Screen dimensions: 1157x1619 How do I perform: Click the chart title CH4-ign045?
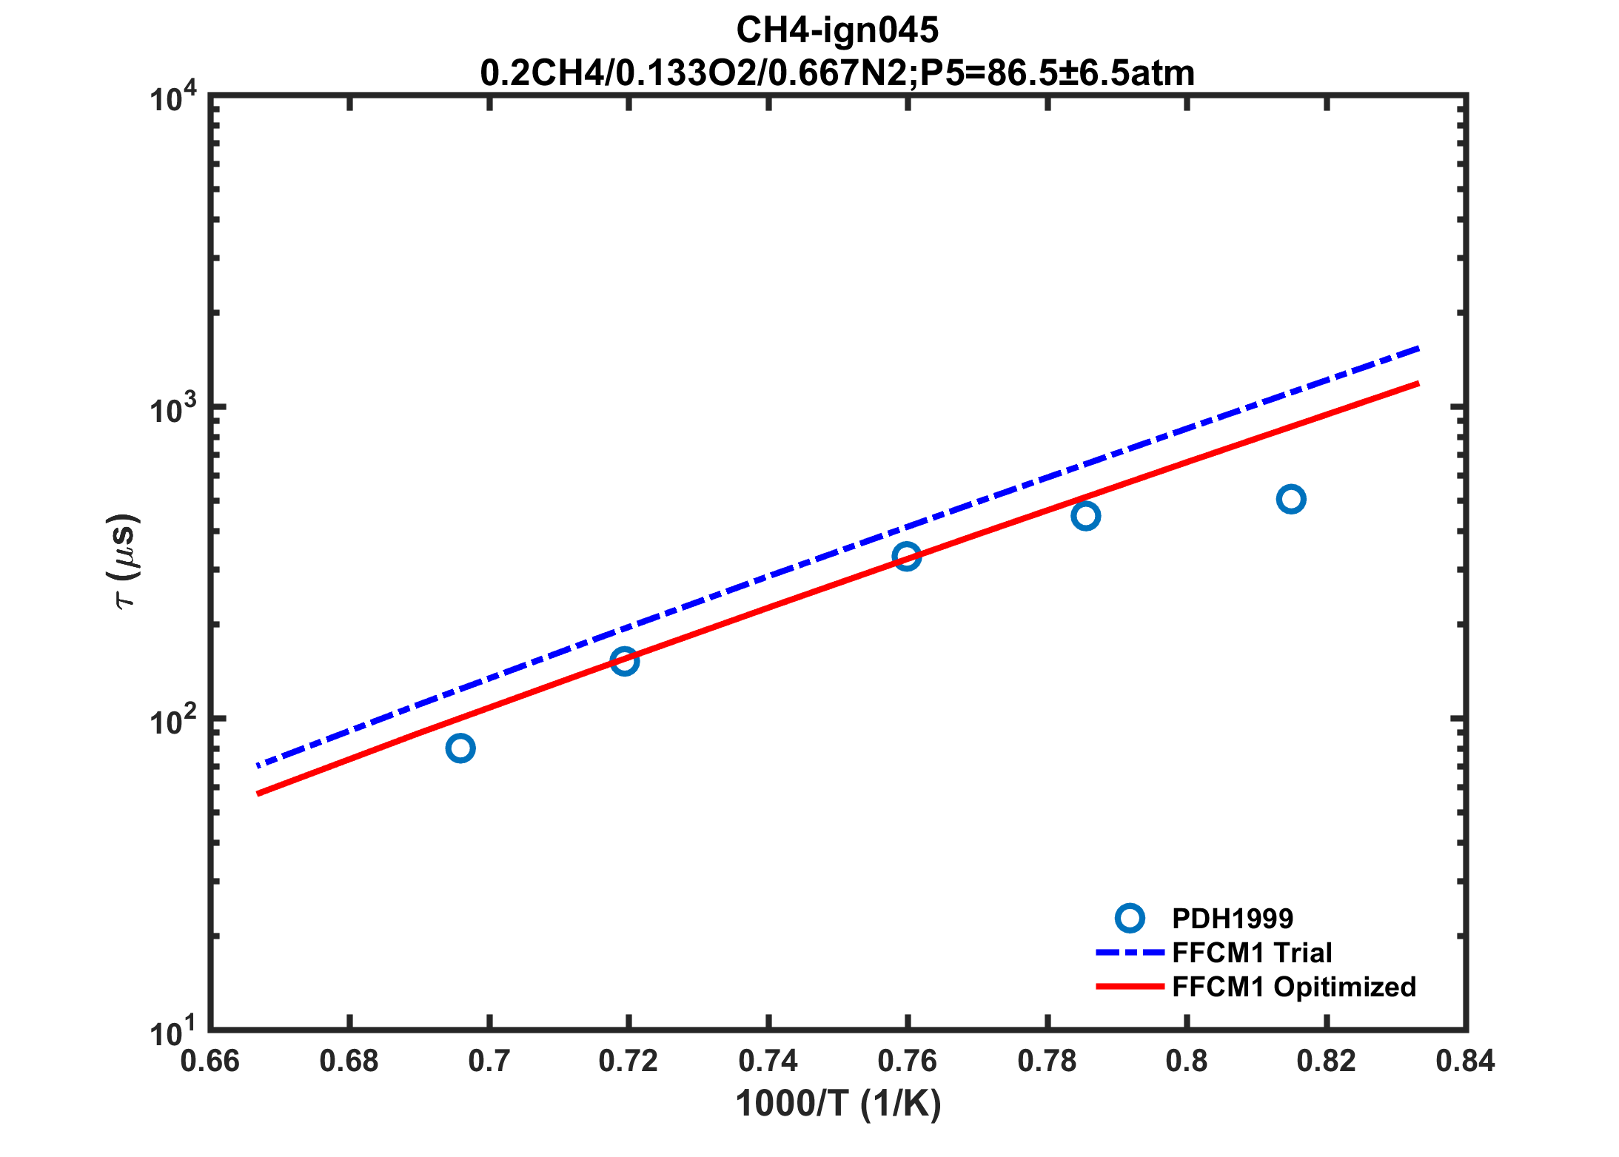(x=837, y=30)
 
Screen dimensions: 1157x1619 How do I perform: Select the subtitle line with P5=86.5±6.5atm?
(x=837, y=73)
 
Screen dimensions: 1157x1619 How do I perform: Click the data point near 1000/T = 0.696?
(x=460, y=748)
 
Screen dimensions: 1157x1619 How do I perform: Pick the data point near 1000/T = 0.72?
(x=625, y=661)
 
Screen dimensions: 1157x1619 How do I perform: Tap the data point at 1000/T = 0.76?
(x=907, y=556)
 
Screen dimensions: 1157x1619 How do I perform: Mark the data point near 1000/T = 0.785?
(x=1085, y=516)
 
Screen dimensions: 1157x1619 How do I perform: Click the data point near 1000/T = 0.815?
(x=1291, y=500)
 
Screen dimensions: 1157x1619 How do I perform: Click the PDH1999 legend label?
(x=1233, y=919)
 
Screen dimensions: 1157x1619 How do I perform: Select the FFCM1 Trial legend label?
(x=1252, y=953)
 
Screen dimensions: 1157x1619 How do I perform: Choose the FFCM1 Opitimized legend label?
(x=1294, y=987)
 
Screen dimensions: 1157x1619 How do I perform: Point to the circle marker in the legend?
(x=1130, y=919)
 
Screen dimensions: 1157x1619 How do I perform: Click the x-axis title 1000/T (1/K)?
(x=838, y=1104)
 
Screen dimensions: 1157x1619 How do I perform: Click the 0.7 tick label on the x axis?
(x=489, y=1062)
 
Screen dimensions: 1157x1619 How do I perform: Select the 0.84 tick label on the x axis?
(x=1465, y=1062)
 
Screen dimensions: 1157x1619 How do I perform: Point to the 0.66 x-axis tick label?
(x=210, y=1062)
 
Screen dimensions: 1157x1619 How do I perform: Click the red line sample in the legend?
(x=1130, y=987)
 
